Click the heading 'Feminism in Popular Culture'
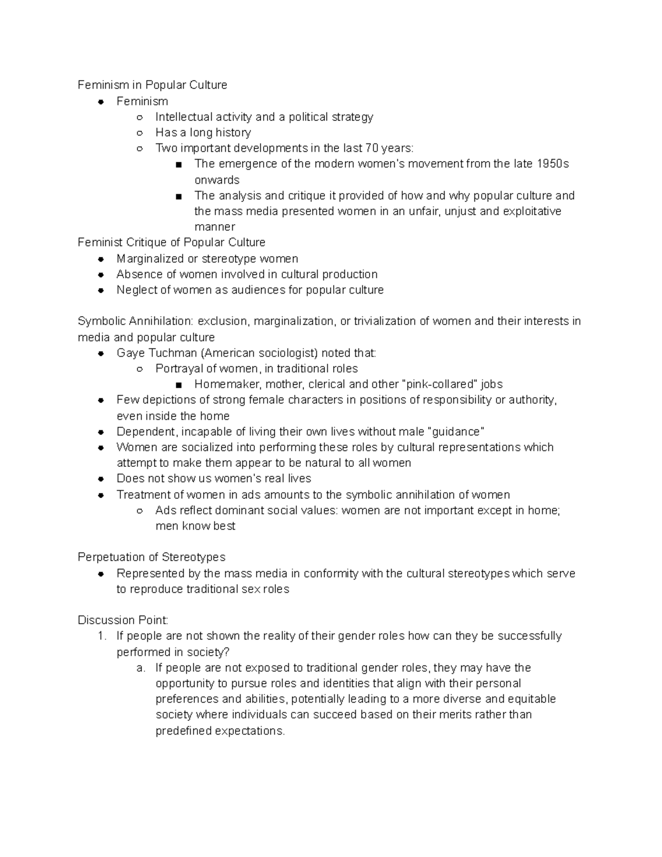pyautogui.click(x=152, y=85)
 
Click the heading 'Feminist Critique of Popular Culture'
pyautogui.click(x=172, y=242)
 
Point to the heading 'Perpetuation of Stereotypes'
pyautogui.click(x=152, y=557)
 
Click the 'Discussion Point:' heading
pyautogui.click(x=123, y=620)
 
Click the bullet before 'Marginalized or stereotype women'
pyautogui.click(x=101, y=259)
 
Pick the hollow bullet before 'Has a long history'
pyautogui.click(x=140, y=133)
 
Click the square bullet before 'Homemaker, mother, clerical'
pyautogui.click(x=179, y=385)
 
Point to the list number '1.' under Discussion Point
pyautogui.click(x=102, y=636)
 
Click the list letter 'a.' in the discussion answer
pyautogui.click(x=141, y=668)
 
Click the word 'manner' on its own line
pyautogui.click(x=215, y=227)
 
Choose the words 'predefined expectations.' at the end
pyautogui.click(x=220, y=731)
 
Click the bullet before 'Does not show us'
pyautogui.click(x=101, y=479)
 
